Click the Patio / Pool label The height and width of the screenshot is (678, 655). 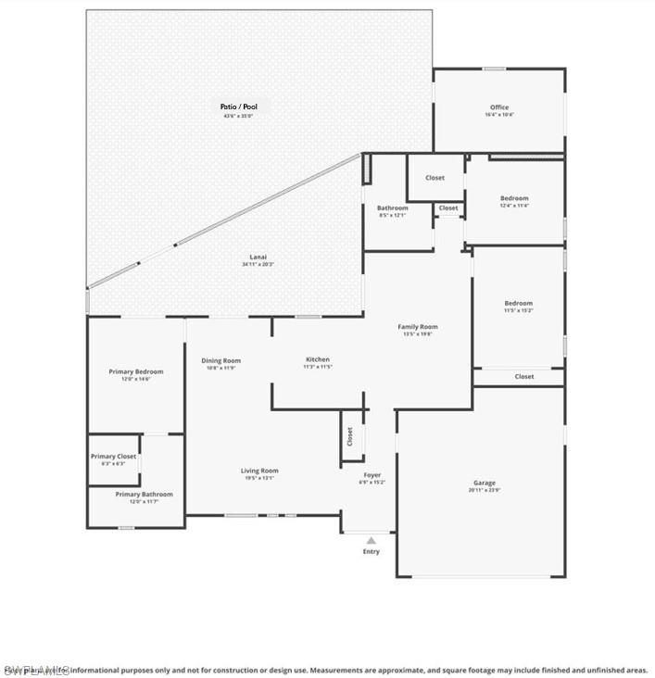(237, 107)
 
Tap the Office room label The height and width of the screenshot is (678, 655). (498, 107)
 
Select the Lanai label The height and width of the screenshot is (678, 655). (258, 257)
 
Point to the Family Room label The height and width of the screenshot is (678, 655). (418, 327)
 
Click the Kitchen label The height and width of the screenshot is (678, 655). (318, 359)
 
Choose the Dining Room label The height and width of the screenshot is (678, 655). (221, 360)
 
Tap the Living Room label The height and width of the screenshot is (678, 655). (259, 471)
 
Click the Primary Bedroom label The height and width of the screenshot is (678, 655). (135, 371)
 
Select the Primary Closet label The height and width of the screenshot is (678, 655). (113, 457)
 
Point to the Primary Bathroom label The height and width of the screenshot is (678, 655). (144, 495)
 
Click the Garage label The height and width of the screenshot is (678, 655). (485, 483)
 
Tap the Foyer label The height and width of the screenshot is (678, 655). (372, 475)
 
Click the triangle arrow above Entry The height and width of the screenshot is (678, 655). (371, 540)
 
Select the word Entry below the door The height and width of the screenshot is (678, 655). (371, 551)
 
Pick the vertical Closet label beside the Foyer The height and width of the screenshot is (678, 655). (350, 436)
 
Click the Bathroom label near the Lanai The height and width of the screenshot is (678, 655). (392, 208)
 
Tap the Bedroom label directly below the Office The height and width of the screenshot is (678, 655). (514, 198)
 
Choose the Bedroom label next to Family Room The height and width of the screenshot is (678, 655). (518, 303)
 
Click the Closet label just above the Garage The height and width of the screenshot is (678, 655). (524, 376)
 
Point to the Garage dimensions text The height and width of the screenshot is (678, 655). (485, 490)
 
